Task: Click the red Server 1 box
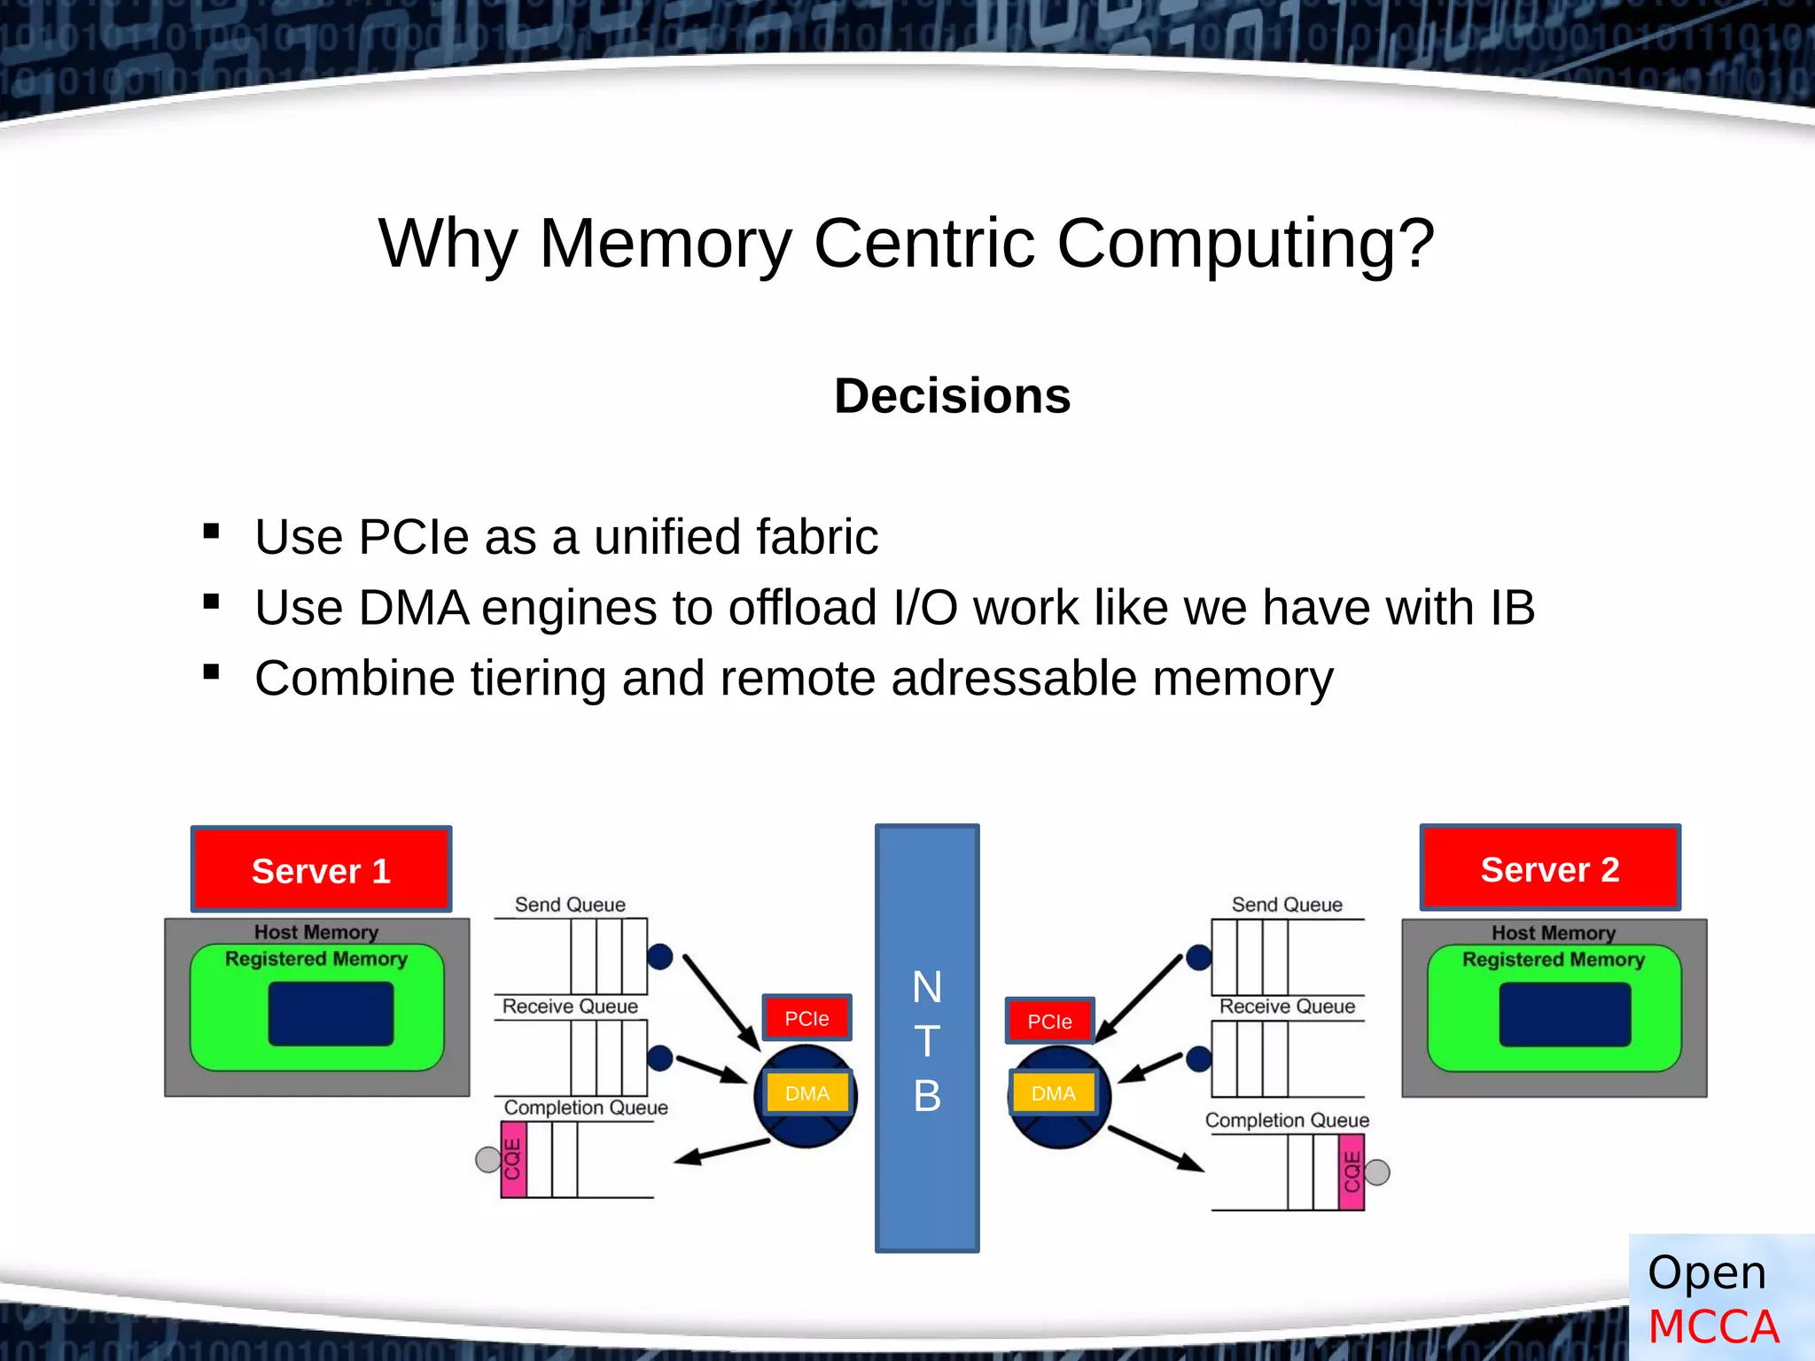point(321,869)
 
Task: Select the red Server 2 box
point(1550,868)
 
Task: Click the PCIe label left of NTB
point(806,1018)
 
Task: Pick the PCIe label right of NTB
point(1049,1021)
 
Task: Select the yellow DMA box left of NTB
point(807,1093)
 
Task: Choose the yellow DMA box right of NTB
point(1053,1093)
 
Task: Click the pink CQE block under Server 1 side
point(513,1159)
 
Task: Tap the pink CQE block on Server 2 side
point(1352,1172)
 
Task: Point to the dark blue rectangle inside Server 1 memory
point(331,1014)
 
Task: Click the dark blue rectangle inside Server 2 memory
point(1564,1015)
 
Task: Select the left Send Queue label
point(570,905)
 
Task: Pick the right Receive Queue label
point(1287,1007)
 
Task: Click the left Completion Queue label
point(586,1108)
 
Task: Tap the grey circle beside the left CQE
point(488,1159)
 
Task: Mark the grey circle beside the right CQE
point(1377,1172)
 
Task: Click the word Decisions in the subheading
point(952,395)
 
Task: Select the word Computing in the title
point(1244,243)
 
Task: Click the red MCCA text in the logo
point(1713,1326)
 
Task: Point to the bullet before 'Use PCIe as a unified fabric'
point(211,532)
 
